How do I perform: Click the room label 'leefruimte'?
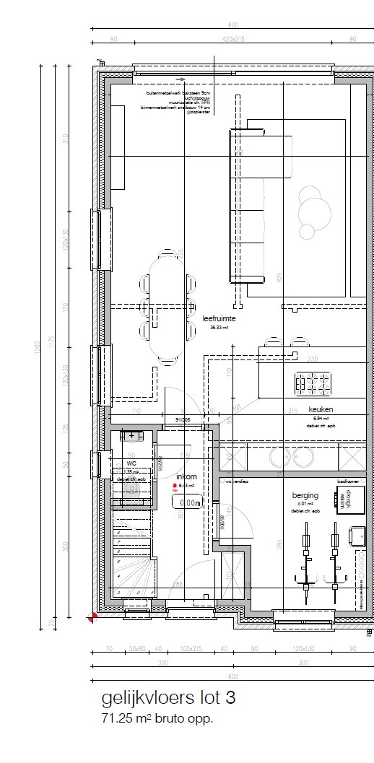point(220,317)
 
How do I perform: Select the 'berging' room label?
point(305,496)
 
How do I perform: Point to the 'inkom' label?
point(186,476)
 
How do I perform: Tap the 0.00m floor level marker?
point(190,502)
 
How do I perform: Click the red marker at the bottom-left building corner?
point(92,617)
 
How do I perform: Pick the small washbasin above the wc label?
point(131,436)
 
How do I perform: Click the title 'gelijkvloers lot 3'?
point(168,699)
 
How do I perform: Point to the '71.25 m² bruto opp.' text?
point(157,718)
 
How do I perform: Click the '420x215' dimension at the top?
point(234,39)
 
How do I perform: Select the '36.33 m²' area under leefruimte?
point(219,327)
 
